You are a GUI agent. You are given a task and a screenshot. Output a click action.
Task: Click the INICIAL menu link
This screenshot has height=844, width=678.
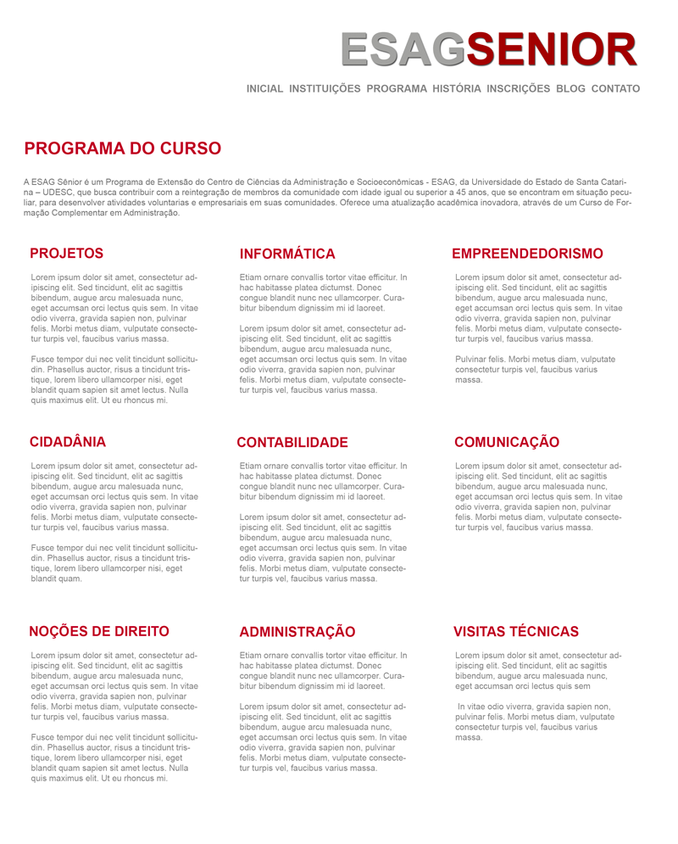264,88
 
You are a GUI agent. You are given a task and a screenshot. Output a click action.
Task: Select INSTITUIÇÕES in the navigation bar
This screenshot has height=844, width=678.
325,88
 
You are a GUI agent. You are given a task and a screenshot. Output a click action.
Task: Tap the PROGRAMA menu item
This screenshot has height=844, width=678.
397,88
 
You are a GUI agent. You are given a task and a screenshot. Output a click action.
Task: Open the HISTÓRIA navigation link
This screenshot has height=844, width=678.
457,88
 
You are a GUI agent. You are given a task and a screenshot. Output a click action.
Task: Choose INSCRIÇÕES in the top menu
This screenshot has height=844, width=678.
519,88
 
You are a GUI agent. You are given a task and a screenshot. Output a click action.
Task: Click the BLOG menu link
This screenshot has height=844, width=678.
571,88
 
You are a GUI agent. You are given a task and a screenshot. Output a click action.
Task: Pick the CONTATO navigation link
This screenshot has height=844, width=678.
615,88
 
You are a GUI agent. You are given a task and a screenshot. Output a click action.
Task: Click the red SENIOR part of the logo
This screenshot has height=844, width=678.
551,49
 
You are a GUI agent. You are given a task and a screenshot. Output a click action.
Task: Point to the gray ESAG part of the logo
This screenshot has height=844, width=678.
403,49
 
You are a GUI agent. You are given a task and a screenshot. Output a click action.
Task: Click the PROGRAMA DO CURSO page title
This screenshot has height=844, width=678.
123,149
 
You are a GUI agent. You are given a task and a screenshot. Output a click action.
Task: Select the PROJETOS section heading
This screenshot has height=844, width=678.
66,253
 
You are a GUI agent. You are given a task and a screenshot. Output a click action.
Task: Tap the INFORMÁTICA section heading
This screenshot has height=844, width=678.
287,254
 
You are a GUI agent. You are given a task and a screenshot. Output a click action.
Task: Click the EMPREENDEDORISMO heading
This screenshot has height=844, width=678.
527,254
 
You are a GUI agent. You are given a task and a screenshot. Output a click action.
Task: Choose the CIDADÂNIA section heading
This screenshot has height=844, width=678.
68,442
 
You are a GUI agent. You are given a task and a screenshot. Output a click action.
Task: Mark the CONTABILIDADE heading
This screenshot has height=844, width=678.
292,443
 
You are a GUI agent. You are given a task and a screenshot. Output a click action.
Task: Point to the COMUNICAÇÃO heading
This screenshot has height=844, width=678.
507,442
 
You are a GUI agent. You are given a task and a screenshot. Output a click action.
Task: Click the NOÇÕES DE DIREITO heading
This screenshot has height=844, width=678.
99,631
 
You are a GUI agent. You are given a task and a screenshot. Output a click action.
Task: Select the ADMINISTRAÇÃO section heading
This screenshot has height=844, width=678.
297,632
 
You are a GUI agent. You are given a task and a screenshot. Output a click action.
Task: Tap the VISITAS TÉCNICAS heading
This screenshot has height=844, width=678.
516,632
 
